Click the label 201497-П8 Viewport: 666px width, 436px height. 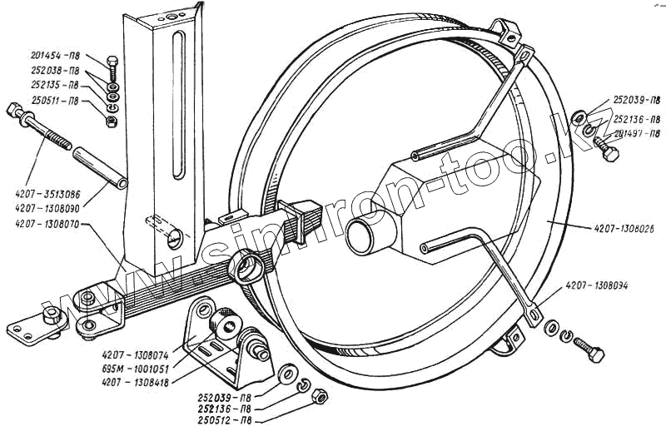pos(632,133)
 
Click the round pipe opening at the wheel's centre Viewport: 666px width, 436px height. pos(364,238)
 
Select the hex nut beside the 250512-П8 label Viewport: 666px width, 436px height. pos(317,397)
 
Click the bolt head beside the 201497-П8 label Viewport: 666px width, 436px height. pos(610,154)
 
